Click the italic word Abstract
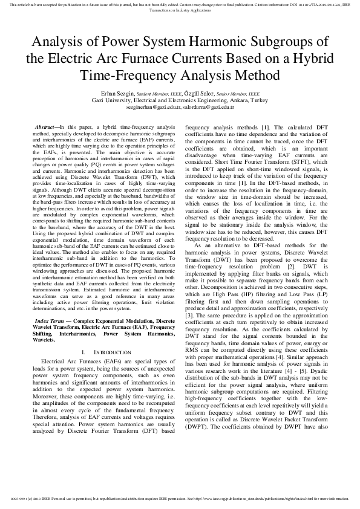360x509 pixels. pos(47,128)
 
